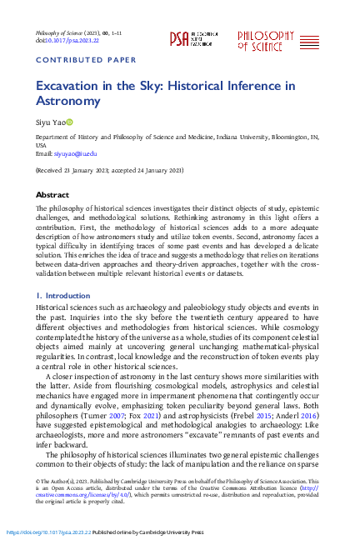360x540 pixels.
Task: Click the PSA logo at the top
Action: pyautogui.click(x=190, y=37)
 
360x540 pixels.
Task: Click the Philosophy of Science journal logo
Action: pyautogui.click(x=266, y=39)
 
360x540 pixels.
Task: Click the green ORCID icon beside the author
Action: pyautogui.click(x=71, y=122)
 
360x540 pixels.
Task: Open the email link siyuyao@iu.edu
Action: pyautogui.click(x=76, y=154)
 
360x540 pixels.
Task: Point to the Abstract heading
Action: pyautogui.click(x=52, y=193)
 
